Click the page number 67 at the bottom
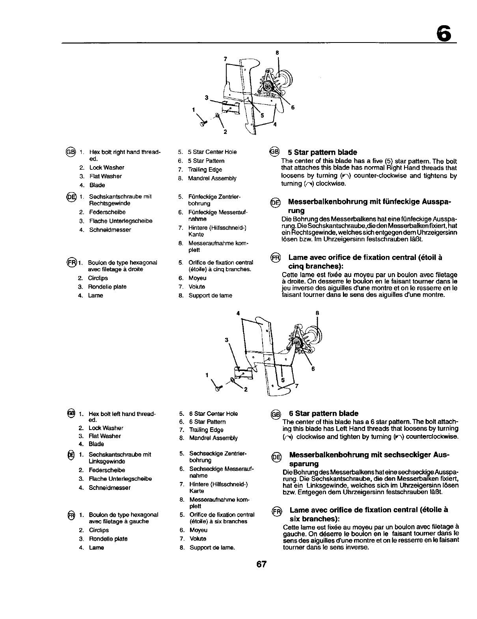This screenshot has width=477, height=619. tap(262, 564)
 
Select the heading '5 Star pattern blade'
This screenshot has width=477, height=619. tap(322, 152)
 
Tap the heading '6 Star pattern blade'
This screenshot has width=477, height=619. tap(323, 413)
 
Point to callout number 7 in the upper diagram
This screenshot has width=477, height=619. tap(225, 59)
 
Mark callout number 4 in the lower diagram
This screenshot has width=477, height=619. tap(238, 313)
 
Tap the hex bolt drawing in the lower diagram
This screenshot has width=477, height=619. tap(218, 387)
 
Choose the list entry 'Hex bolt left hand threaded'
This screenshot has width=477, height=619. tap(122, 417)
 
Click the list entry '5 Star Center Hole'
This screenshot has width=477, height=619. tap(212, 152)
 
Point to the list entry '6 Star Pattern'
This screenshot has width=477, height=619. tap(207, 421)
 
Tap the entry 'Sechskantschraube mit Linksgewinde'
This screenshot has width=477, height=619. tap(119, 458)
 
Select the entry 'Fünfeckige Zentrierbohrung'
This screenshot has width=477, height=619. tap(214, 200)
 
